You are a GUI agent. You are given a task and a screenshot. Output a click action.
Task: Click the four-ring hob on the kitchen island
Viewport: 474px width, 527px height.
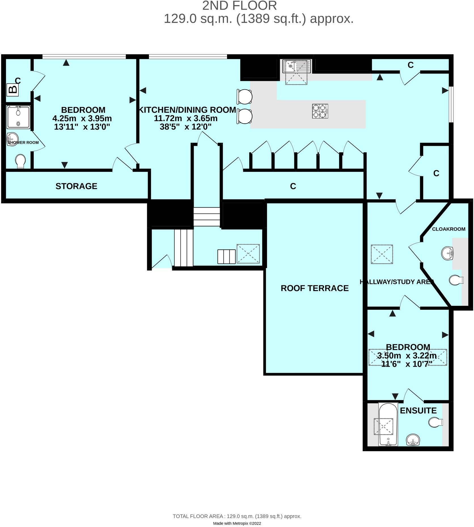320,111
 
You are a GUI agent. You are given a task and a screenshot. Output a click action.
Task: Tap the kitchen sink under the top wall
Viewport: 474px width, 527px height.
297,66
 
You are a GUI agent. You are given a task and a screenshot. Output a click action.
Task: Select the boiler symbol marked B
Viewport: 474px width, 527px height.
12,90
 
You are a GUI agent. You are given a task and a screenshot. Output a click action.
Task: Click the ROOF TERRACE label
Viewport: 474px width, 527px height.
314,288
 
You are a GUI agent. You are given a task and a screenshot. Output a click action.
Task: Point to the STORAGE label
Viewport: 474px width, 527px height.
76,186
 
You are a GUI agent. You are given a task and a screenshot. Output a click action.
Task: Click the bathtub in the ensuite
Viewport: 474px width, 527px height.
388,424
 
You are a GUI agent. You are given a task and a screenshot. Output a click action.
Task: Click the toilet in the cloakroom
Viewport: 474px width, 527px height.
456,280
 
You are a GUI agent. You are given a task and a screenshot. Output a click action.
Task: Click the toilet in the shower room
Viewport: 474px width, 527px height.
20,161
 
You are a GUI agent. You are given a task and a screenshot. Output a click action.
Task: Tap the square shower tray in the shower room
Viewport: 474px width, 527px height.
18,117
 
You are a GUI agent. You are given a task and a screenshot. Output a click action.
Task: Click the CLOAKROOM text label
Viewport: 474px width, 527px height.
448,229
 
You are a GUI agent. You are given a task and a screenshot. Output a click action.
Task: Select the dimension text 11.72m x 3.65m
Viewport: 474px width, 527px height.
186,118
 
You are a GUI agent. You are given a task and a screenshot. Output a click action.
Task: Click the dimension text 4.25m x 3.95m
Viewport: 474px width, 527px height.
82,118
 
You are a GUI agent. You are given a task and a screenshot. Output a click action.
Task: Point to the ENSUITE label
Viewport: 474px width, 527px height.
418,410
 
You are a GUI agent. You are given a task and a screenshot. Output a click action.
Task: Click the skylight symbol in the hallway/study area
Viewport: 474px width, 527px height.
382,254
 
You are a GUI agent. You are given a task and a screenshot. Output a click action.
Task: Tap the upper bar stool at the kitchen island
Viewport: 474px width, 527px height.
244,96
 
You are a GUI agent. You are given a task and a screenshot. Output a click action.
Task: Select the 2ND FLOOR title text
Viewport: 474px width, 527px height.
239,6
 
